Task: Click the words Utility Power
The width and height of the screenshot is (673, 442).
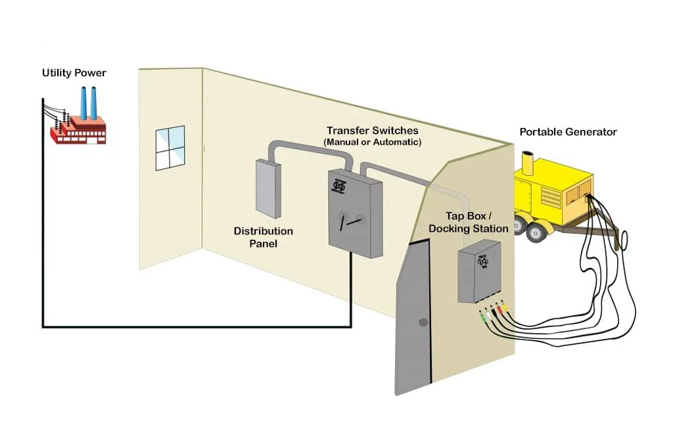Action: tap(74, 72)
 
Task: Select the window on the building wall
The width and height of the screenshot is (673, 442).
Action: tap(170, 148)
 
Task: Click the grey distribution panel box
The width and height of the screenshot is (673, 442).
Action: tap(267, 189)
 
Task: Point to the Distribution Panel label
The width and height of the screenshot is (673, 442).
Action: tap(263, 237)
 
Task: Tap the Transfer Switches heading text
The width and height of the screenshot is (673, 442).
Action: tap(372, 131)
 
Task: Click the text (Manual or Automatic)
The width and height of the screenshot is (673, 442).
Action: tap(372, 142)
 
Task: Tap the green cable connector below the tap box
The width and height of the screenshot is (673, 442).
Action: tap(484, 318)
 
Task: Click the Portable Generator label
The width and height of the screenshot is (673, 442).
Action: tap(568, 132)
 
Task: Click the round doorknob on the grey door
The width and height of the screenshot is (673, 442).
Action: tap(423, 322)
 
